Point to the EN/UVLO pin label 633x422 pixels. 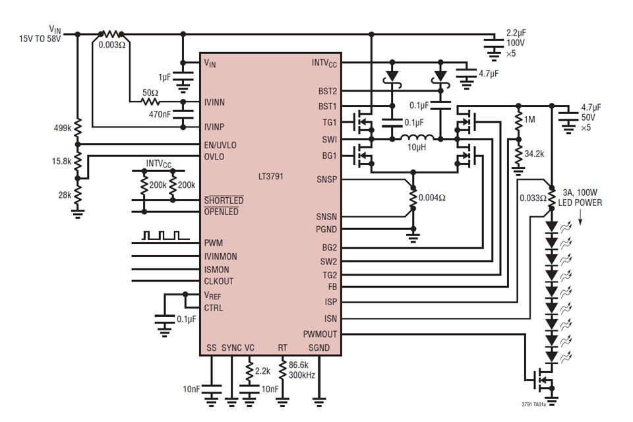click(220, 144)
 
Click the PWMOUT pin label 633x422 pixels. click(320, 334)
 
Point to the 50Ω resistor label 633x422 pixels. click(148, 93)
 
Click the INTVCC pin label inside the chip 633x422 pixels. click(324, 63)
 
